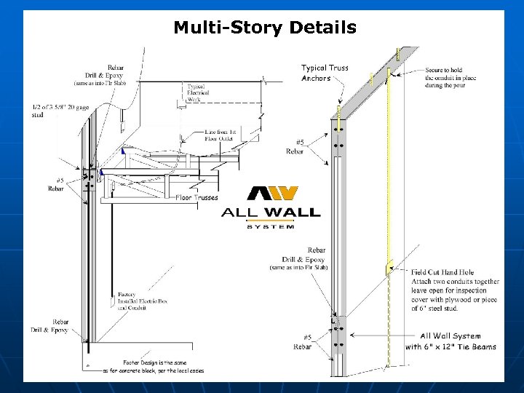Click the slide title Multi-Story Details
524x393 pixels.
265,28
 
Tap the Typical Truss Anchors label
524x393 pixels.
325,73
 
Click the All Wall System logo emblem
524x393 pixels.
272,194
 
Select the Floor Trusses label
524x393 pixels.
196,196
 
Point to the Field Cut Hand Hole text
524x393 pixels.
442,272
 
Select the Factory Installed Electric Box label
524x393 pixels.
135,301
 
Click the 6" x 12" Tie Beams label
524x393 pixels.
450,346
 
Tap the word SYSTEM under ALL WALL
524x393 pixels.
271,227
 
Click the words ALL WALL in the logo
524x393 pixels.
271,213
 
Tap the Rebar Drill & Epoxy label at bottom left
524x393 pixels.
49,325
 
